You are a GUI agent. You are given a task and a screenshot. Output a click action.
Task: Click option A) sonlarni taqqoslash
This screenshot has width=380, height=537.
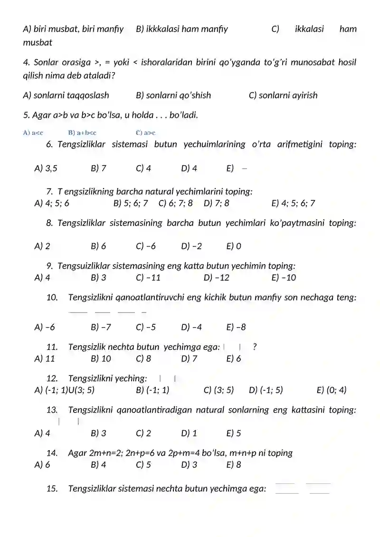click(66, 95)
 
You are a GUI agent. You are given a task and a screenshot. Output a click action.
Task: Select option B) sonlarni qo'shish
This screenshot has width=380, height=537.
click(173, 95)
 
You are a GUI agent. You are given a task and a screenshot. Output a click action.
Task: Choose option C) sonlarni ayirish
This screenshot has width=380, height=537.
click(283, 95)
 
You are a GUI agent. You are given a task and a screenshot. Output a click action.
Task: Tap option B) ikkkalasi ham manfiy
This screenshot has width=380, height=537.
click(182, 29)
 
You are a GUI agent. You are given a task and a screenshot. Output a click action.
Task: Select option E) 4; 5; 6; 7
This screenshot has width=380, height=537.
click(293, 203)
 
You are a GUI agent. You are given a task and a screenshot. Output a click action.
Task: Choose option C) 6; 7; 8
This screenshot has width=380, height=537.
click(176, 203)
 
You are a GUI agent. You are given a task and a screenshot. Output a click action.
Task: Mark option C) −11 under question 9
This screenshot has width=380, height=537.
click(148, 278)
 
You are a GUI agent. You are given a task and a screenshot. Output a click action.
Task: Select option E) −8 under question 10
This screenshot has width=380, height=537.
click(236, 327)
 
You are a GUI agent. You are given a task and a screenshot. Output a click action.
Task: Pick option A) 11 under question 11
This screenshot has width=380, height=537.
click(45, 358)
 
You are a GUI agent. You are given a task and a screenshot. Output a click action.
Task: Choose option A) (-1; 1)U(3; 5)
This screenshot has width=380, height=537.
click(65, 390)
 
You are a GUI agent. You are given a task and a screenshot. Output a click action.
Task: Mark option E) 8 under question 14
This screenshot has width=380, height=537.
click(234, 465)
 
